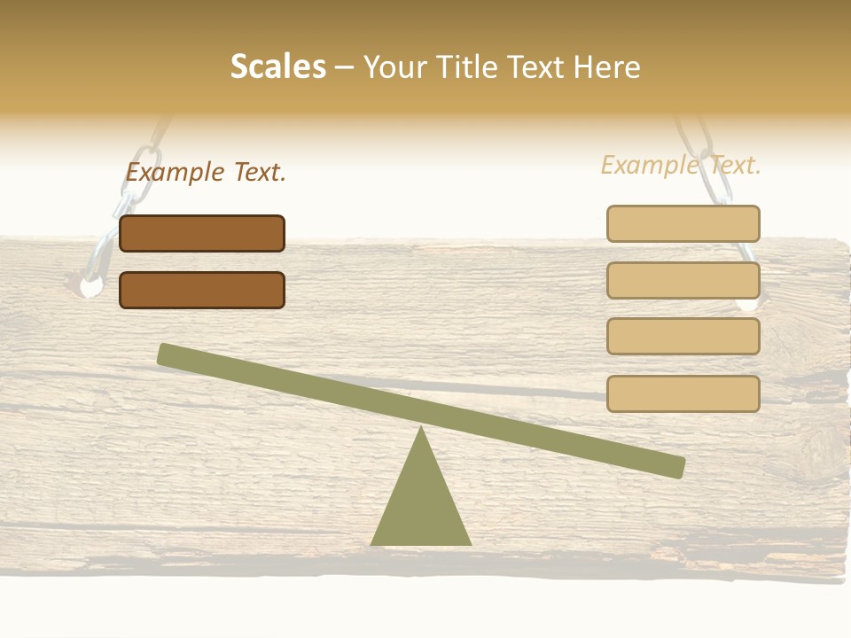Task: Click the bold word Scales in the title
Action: [x=277, y=67]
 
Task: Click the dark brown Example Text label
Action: [x=206, y=172]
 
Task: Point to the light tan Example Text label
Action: [x=681, y=165]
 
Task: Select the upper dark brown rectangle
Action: [x=202, y=233]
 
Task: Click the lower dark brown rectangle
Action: [x=202, y=290]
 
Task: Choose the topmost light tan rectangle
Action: [x=683, y=223]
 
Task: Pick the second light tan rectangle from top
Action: [x=683, y=280]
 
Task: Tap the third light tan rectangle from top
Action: [x=683, y=337]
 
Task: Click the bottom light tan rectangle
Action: [x=683, y=393]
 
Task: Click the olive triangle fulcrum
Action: [x=421, y=505]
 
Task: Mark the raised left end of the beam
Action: [x=165, y=354]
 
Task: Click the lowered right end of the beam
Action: [x=677, y=467]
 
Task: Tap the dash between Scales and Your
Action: [x=345, y=67]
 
